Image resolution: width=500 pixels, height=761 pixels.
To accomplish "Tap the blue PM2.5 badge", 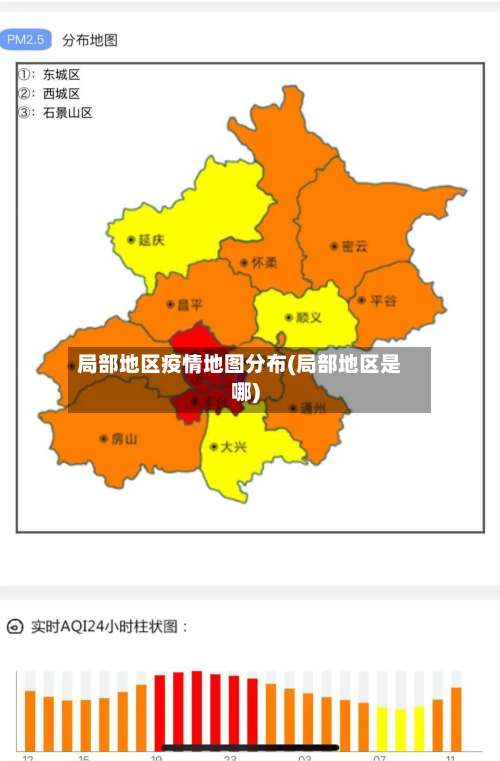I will click(x=26, y=40).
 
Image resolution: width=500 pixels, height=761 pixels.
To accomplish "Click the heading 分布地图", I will click(x=90, y=41).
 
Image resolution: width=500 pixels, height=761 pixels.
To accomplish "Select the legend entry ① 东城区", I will click(x=50, y=74).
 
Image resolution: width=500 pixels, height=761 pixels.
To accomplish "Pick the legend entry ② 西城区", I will click(x=50, y=93).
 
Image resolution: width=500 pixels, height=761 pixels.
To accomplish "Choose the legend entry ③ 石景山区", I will click(x=56, y=112).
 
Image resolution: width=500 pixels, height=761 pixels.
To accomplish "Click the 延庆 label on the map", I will click(x=146, y=240).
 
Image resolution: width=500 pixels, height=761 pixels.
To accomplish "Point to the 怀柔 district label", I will click(x=259, y=263).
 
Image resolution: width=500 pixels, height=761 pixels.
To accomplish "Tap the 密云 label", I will click(x=350, y=246).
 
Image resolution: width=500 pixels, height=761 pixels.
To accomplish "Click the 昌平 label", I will click(x=184, y=304).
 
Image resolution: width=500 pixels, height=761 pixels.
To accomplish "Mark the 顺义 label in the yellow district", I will click(x=304, y=318).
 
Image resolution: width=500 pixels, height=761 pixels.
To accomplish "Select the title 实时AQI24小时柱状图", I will click(x=110, y=627).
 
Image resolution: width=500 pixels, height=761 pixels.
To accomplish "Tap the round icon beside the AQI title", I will click(x=15, y=627).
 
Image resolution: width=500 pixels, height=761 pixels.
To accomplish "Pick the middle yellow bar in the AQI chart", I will click(x=400, y=729).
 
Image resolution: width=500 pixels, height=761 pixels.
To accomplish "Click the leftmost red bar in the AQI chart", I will click(x=159, y=712).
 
